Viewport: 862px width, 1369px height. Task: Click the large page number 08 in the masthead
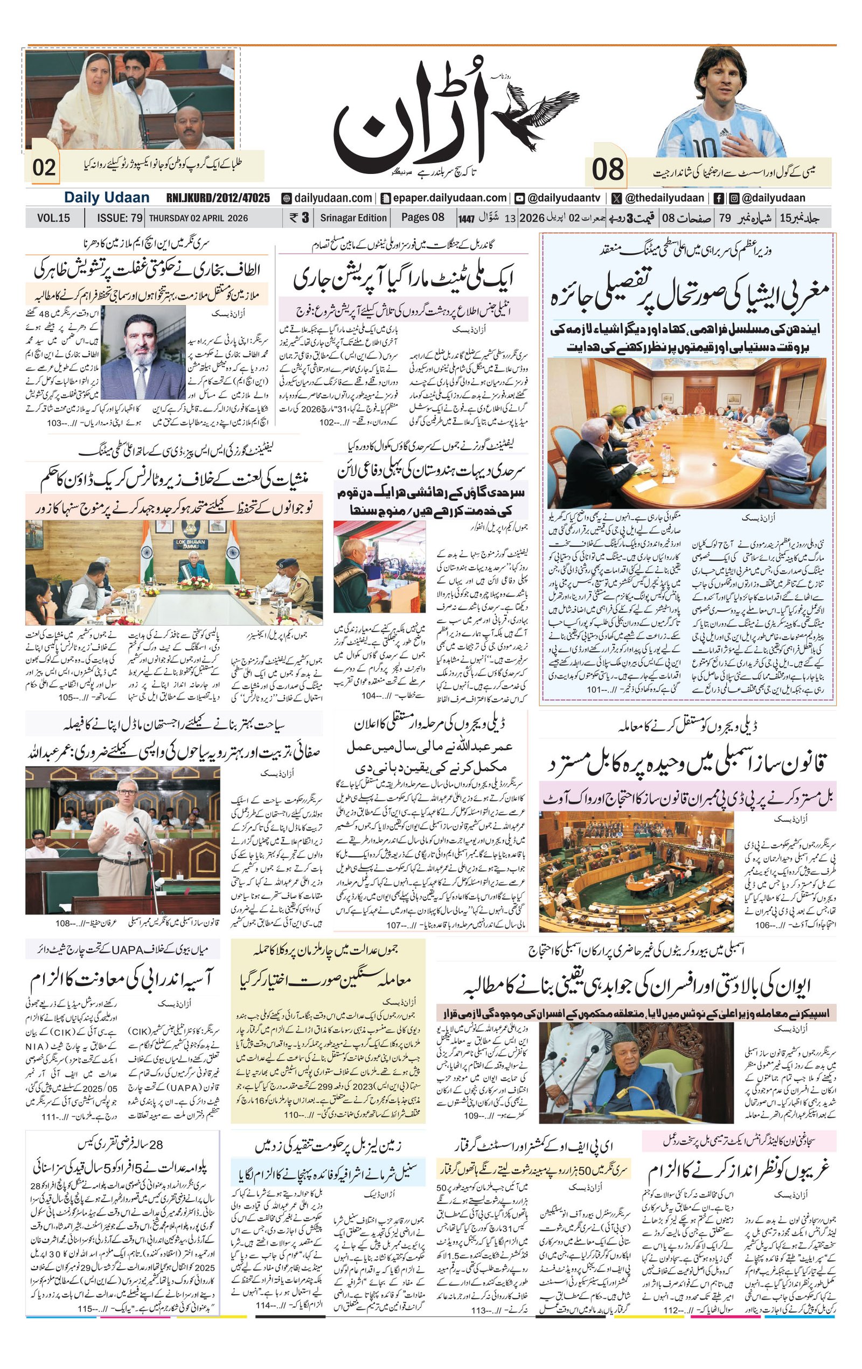[607, 170]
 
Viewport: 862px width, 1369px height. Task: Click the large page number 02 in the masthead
[44, 168]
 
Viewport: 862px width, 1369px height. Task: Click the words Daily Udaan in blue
[106, 197]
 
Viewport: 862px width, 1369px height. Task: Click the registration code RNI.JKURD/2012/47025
[218, 198]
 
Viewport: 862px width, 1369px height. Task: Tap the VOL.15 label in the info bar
[53, 218]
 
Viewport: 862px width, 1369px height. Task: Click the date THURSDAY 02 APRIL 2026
[198, 218]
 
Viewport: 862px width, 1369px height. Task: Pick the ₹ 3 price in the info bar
[299, 217]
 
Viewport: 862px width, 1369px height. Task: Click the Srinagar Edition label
[353, 218]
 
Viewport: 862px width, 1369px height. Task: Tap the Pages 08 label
[422, 217]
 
